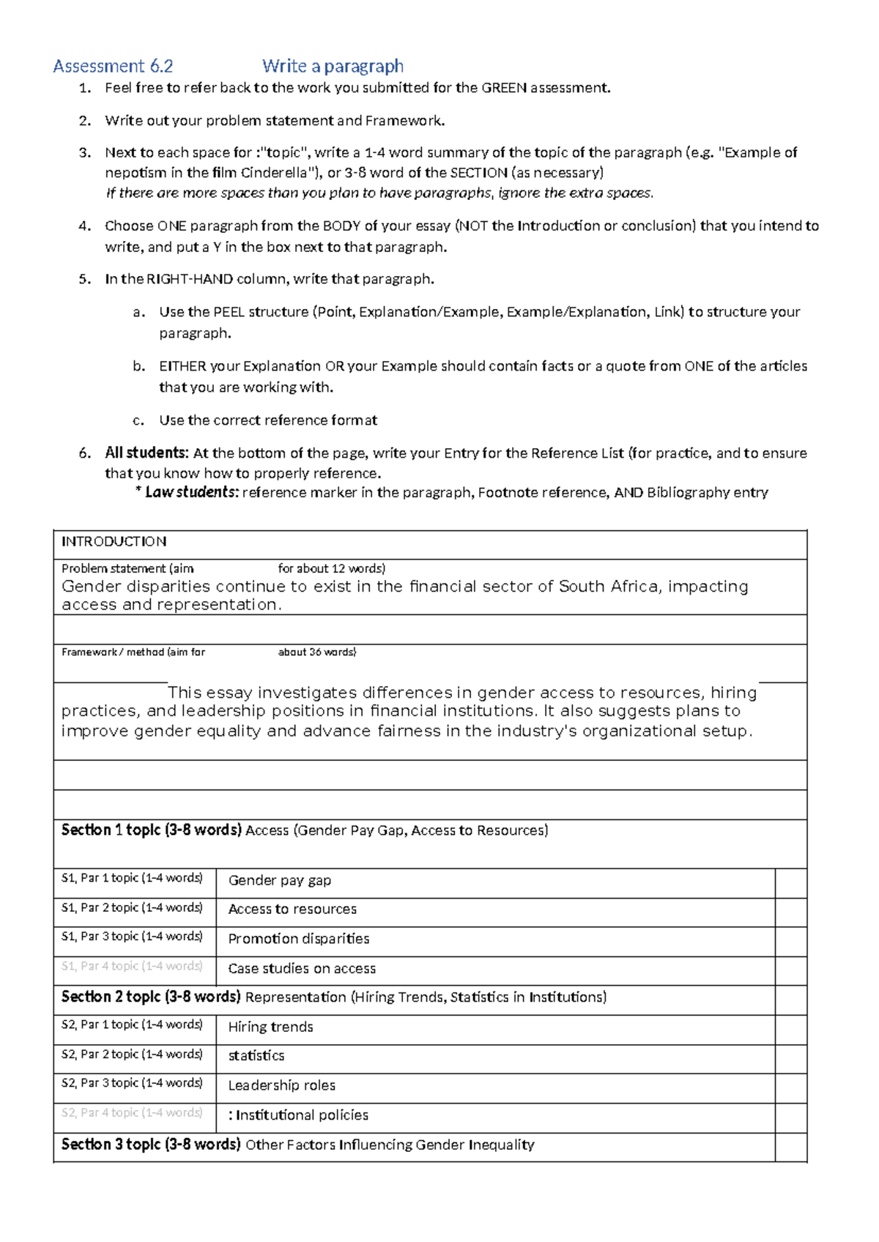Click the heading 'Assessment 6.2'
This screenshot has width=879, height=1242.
click(x=113, y=67)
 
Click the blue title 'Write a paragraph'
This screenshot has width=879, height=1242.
click(x=333, y=67)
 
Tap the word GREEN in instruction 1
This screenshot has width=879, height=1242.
click(x=504, y=88)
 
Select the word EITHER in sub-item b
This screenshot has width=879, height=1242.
click(x=182, y=366)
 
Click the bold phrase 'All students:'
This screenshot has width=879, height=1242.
click(x=146, y=453)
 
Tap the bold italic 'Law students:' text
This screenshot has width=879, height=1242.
click(x=192, y=492)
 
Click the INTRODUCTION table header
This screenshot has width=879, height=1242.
click(x=114, y=541)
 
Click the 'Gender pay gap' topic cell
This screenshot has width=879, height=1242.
click(x=279, y=880)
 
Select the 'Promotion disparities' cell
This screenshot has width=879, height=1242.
click(x=298, y=939)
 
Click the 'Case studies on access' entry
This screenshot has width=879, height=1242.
click(x=302, y=969)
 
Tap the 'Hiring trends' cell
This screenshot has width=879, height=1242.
click(x=270, y=1027)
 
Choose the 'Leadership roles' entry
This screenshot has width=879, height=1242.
click(x=281, y=1086)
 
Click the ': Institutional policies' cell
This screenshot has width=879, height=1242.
click(x=298, y=1115)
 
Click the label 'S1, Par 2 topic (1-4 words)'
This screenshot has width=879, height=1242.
click(x=132, y=907)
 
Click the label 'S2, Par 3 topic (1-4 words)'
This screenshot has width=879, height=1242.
click(x=132, y=1083)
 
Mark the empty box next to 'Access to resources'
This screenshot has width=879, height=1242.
click(x=790, y=912)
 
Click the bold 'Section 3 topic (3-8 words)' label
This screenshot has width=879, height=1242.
click(x=151, y=1145)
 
